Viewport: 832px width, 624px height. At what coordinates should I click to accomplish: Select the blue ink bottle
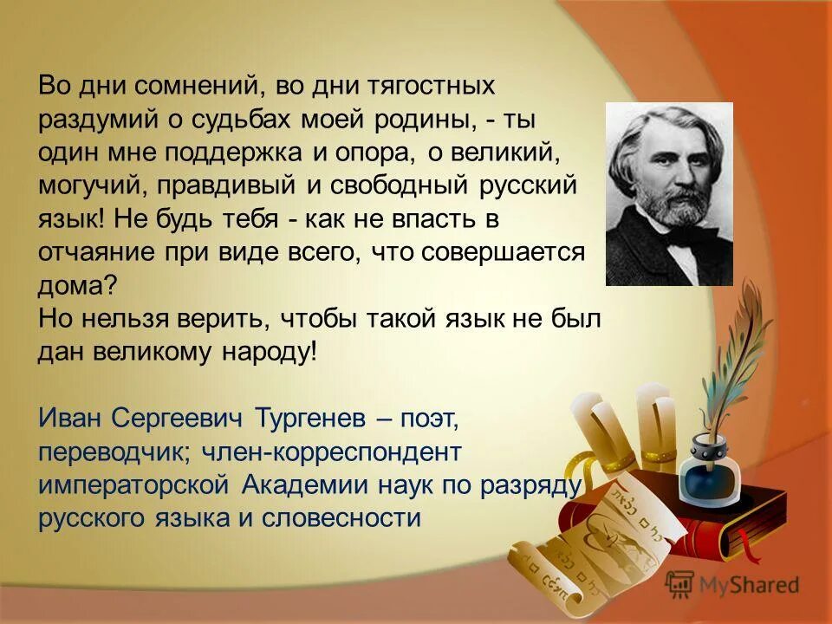pyautogui.click(x=706, y=469)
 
